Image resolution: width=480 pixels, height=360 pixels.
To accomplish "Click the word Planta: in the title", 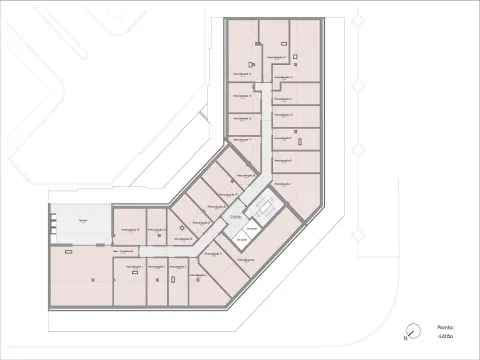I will (x=445, y=327).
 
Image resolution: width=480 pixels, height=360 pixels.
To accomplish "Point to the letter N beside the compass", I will (x=404, y=338).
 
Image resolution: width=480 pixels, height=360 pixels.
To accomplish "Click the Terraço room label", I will (x=70, y=220).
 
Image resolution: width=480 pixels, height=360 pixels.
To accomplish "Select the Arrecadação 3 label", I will (x=181, y=267).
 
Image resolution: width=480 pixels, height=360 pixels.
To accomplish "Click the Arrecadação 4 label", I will (x=211, y=254).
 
